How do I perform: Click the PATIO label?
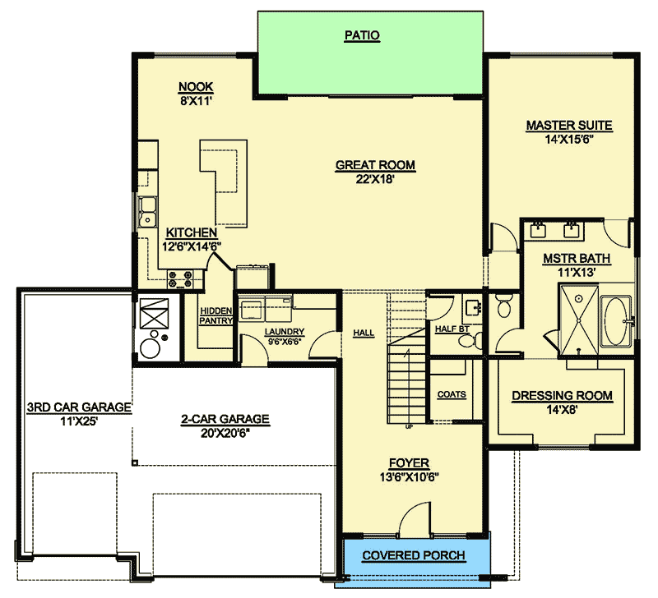click(362, 35)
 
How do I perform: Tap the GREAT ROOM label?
click(375, 165)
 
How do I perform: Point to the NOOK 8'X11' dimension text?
click(196, 101)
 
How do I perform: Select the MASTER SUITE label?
click(569, 126)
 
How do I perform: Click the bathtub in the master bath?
click(615, 321)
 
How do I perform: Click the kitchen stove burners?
click(180, 279)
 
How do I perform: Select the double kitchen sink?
click(147, 212)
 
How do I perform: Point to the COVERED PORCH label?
click(414, 555)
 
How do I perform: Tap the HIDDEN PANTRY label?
click(215, 315)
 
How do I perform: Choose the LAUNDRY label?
click(284, 332)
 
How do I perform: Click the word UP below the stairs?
click(409, 426)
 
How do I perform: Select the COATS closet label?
click(452, 394)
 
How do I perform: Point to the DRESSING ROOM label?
click(562, 396)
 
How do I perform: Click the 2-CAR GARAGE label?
click(225, 419)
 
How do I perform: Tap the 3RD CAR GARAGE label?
click(79, 407)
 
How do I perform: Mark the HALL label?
click(364, 333)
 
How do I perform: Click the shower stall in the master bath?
click(579, 320)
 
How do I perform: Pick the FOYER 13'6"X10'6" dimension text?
click(409, 477)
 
